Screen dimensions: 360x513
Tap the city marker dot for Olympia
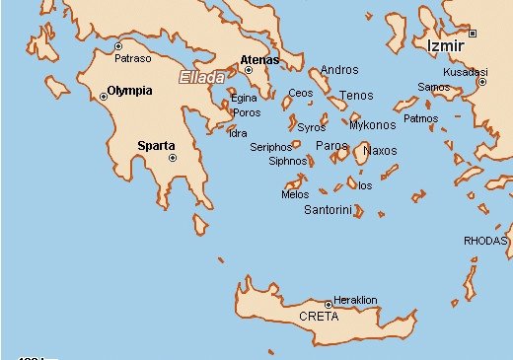(x=104, y=96)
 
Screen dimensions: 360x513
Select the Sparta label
(x=156, y=146)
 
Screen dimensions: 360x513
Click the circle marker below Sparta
(x=172, y=158)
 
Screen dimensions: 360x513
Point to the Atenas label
(x=259, y=59)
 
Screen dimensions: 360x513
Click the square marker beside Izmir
(x=473, y=34)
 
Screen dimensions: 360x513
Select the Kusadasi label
(x=466, y=73)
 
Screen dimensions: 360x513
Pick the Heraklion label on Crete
(x=356, y=300)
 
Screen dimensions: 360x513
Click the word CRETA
(x=319, y=317)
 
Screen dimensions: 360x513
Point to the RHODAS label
(x=485, y=240)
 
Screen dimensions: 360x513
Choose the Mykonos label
(x=372, y=125)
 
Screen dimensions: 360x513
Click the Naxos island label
(x=380, y=151)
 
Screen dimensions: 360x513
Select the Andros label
(x=339, y=70)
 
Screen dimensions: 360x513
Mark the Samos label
(x=433, y=87)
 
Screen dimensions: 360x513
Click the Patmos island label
(x=421, y=118)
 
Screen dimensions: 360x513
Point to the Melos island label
(x=295, y=194)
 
